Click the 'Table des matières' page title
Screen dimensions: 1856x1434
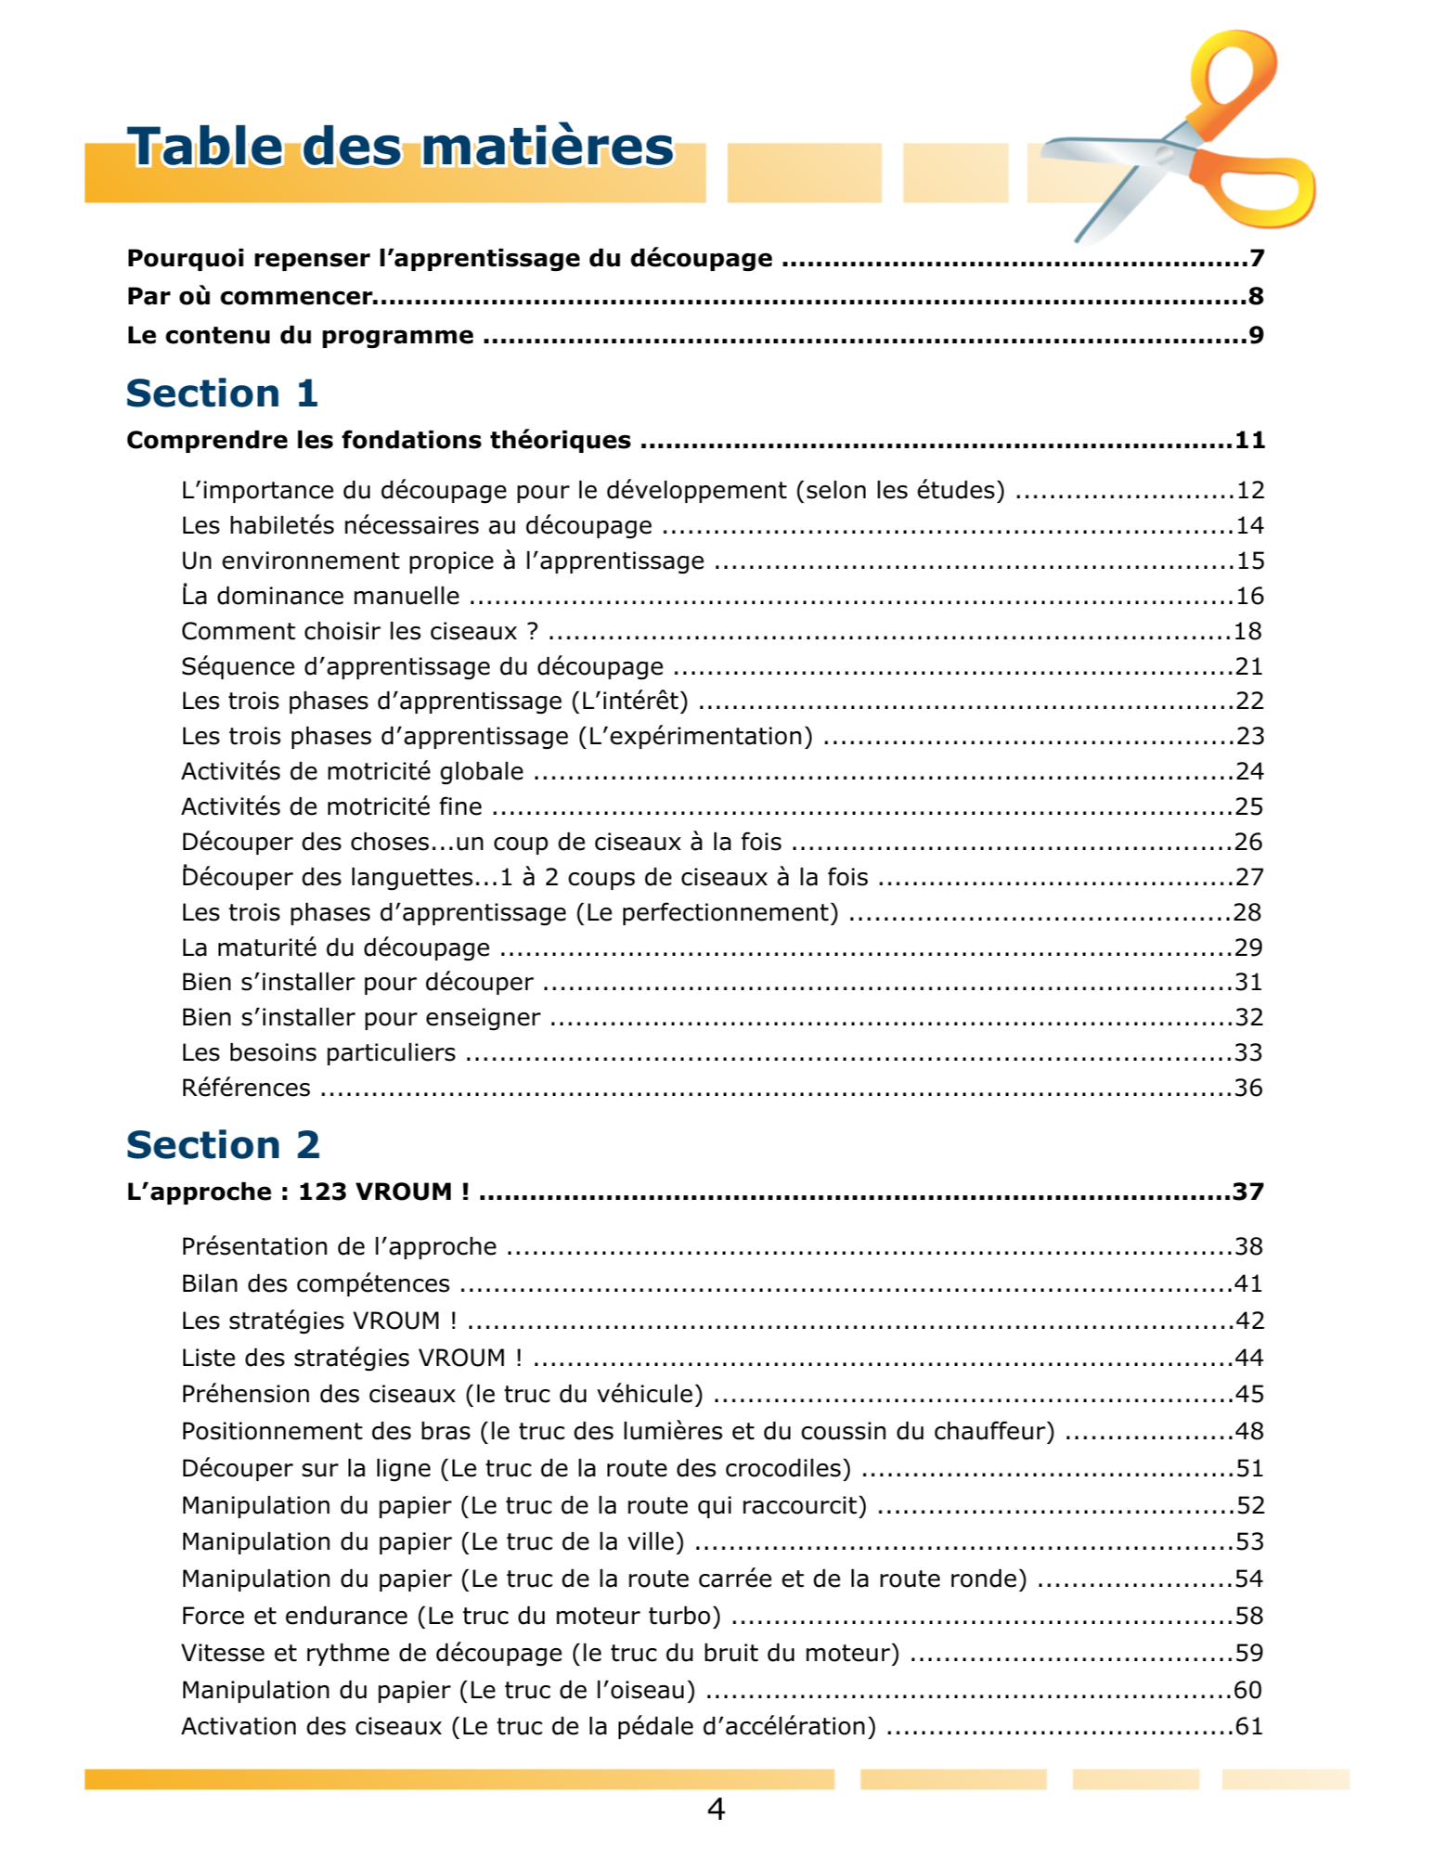(x=400, y=148)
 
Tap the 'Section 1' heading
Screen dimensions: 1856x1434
(x=222, y=393)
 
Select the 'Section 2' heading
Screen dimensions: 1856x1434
(x=223, y=1145)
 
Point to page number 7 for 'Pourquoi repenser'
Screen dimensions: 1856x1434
(x=1257, y=258)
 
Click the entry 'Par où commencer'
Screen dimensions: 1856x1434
(x=250, y=297)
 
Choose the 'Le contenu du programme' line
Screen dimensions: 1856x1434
(x=300, y=336)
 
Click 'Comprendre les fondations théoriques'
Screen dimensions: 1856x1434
(x=378, y=441)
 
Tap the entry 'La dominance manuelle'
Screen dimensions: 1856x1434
(x=320, y=596)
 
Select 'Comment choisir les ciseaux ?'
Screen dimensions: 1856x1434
(x=359, y=632)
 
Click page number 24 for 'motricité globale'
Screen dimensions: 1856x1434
(x=1249, y=772)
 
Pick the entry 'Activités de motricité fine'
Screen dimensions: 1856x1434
(x=331, y=807)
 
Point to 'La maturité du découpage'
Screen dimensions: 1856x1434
(x=335, y=948)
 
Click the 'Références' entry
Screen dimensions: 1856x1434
(x=246, y=1089)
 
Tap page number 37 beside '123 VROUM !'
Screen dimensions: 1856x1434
(x=1248, y=1192)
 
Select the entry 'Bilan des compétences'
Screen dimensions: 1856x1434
(x=316, y=1284)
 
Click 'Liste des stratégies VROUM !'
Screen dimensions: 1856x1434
(x=352, y=1359)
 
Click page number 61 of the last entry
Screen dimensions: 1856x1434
(x=1248, y=1727)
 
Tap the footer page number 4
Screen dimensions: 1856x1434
(x=716, y=1809)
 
